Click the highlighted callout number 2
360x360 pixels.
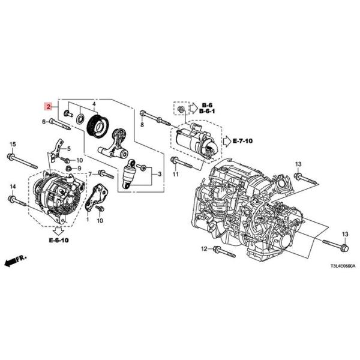pos(47,106)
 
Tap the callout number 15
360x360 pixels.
pos(12,145)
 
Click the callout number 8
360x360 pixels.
pos(142,125)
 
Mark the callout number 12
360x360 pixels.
pos(203,248)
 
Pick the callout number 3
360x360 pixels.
pos(160,174)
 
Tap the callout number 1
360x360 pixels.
pos(87,220)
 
